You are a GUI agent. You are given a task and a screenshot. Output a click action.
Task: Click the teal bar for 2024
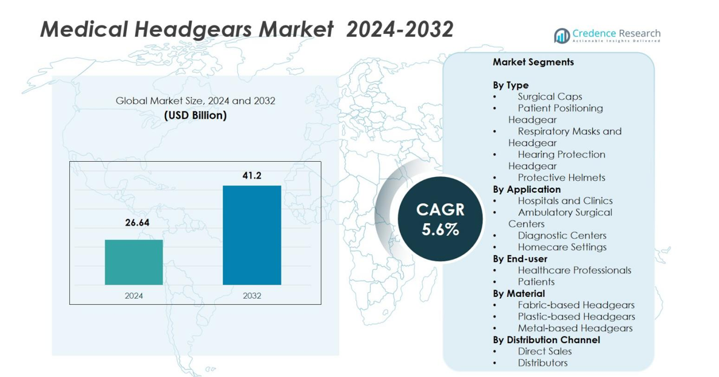133,262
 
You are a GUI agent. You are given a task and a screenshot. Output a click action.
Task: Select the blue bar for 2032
252,235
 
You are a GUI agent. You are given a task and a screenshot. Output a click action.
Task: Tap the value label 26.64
137,222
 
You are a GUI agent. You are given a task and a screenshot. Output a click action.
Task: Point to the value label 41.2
252,175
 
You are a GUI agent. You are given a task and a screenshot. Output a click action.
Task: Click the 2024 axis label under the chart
133,295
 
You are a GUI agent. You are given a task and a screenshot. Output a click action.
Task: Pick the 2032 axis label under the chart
252,295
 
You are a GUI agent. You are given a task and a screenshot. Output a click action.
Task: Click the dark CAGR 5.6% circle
440,219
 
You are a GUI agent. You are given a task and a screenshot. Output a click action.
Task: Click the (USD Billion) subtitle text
195,115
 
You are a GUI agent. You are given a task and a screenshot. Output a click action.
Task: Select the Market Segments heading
533,62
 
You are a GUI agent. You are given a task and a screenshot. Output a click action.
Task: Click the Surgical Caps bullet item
550,96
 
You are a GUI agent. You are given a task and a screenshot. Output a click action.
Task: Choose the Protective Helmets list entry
561,178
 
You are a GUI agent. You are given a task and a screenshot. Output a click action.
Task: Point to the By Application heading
526,189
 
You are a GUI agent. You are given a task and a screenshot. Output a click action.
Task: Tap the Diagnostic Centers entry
562,235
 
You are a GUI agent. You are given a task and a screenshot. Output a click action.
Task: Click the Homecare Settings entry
562,247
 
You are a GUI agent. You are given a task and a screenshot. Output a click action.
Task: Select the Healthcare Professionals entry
574,270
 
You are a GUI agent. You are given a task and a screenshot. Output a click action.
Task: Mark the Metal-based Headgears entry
575,328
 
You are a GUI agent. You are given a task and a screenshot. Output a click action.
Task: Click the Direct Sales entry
544,351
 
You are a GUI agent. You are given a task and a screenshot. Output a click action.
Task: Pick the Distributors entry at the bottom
542,362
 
